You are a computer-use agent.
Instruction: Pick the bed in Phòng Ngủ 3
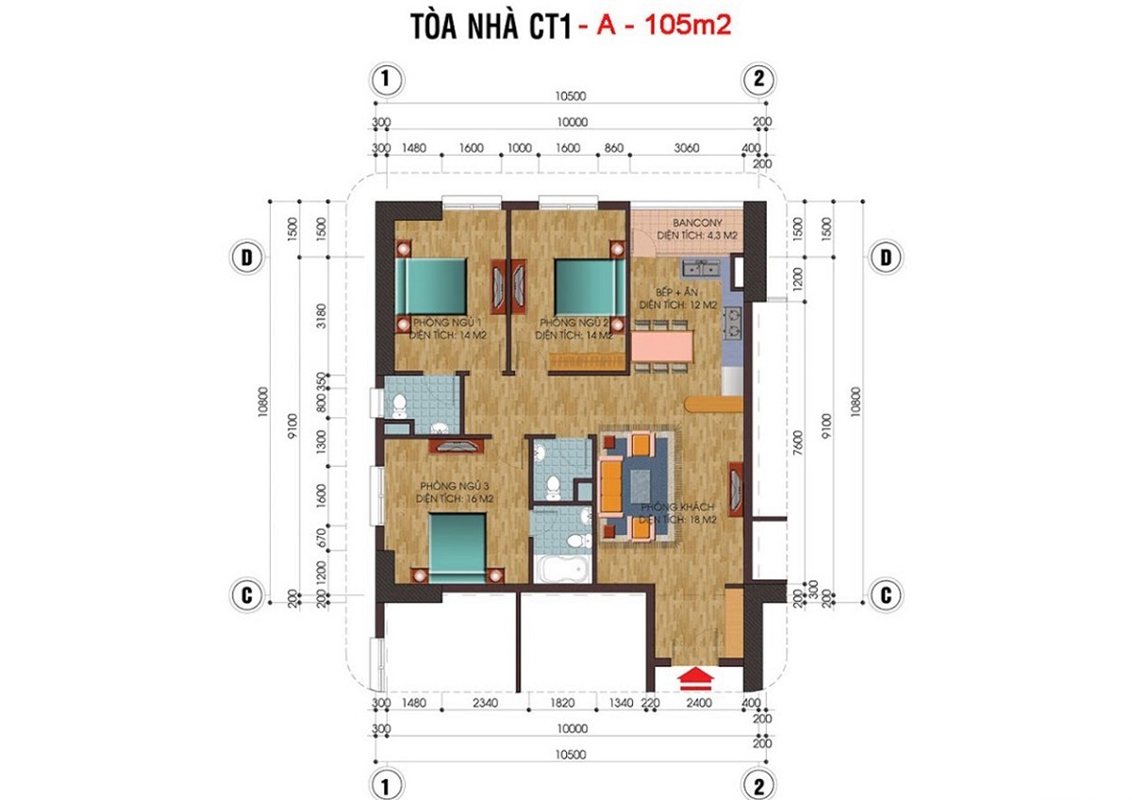coord(459,542)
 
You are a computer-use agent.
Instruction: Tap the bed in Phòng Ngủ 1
coord(431,286)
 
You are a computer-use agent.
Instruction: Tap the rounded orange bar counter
coord(714,404)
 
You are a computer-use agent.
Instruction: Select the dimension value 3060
coord(687,148)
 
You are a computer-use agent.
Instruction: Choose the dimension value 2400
coord(700,702)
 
